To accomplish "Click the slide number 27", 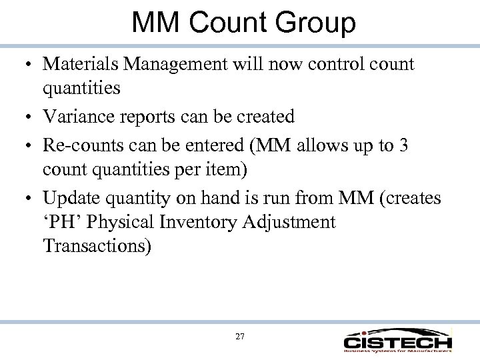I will click(x=240, y=337).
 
